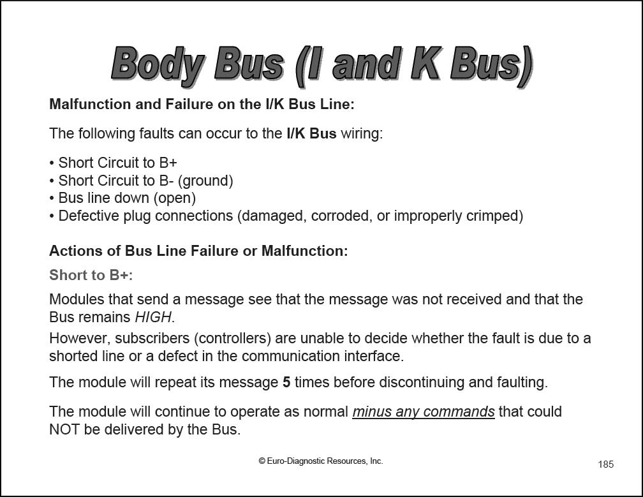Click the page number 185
[605, 464]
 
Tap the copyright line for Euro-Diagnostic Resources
[321, 461]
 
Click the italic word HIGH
[154, 317]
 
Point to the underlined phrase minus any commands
[424, 412]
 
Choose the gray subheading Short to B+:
[91, 275]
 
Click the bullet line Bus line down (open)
[126, 198]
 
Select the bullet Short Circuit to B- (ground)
[145, 181]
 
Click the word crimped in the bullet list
[499, 216]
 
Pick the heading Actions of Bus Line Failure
[198, 251]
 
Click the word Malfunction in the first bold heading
[88, 104]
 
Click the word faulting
[521, 383]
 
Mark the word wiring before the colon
[360, 134]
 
